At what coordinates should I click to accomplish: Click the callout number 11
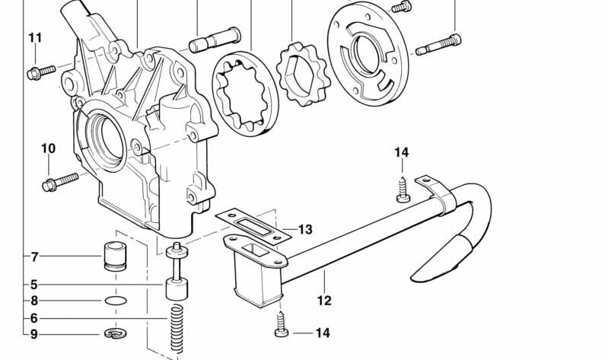coord(36,37)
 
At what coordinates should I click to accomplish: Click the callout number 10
coord(48,148)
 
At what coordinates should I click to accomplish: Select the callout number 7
coord(34,256)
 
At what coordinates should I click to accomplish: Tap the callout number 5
coord(34,285)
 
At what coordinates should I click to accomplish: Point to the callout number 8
coord(34,301)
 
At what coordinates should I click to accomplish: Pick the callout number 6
coord(34,318)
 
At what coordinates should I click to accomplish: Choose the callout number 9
coord(34,333)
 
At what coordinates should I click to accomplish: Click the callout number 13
coord(304,229)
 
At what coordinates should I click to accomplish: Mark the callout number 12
coord(324,301)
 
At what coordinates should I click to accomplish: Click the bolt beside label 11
coord(43,72)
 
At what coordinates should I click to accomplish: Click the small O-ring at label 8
coord(115,301)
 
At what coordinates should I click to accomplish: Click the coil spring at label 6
coord(176,328)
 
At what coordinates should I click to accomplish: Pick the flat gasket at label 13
coord(253,224)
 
